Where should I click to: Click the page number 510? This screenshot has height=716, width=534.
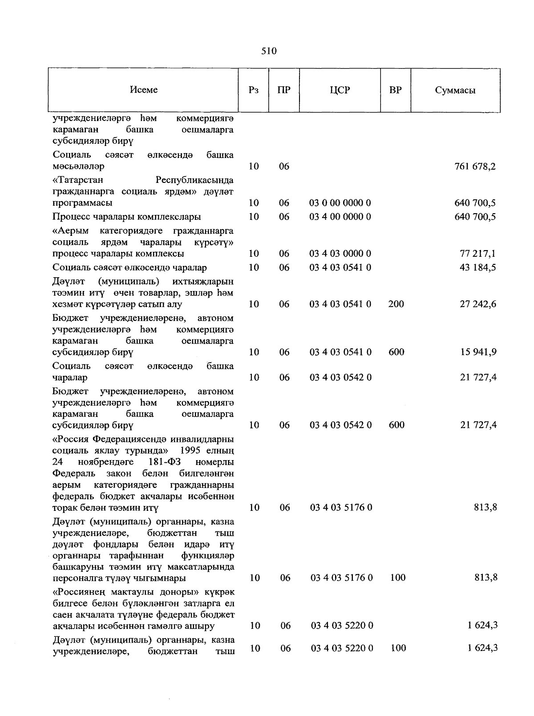269,51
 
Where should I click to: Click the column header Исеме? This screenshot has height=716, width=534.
144,90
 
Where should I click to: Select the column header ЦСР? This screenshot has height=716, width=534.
340,90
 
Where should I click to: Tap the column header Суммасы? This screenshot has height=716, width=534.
455,90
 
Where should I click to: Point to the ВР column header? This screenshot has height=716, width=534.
395,90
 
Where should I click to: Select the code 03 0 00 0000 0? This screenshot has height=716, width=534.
340,203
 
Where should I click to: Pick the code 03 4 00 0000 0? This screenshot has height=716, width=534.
340,217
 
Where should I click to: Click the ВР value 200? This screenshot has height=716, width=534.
396,304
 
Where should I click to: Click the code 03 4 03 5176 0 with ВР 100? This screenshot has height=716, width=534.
341,578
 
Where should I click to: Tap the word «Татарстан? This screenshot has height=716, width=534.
78,180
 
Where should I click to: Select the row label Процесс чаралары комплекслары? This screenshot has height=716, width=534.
126,217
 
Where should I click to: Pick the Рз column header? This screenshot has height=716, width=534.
254,90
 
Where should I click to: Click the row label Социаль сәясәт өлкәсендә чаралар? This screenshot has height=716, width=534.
129,268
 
